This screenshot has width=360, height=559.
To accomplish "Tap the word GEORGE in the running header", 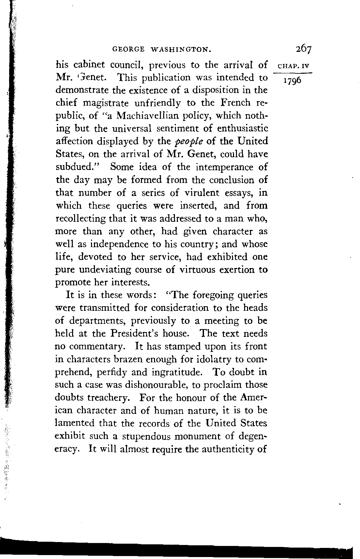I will coord(128,50).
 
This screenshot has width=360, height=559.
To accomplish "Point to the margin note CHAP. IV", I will coord(292,66).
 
